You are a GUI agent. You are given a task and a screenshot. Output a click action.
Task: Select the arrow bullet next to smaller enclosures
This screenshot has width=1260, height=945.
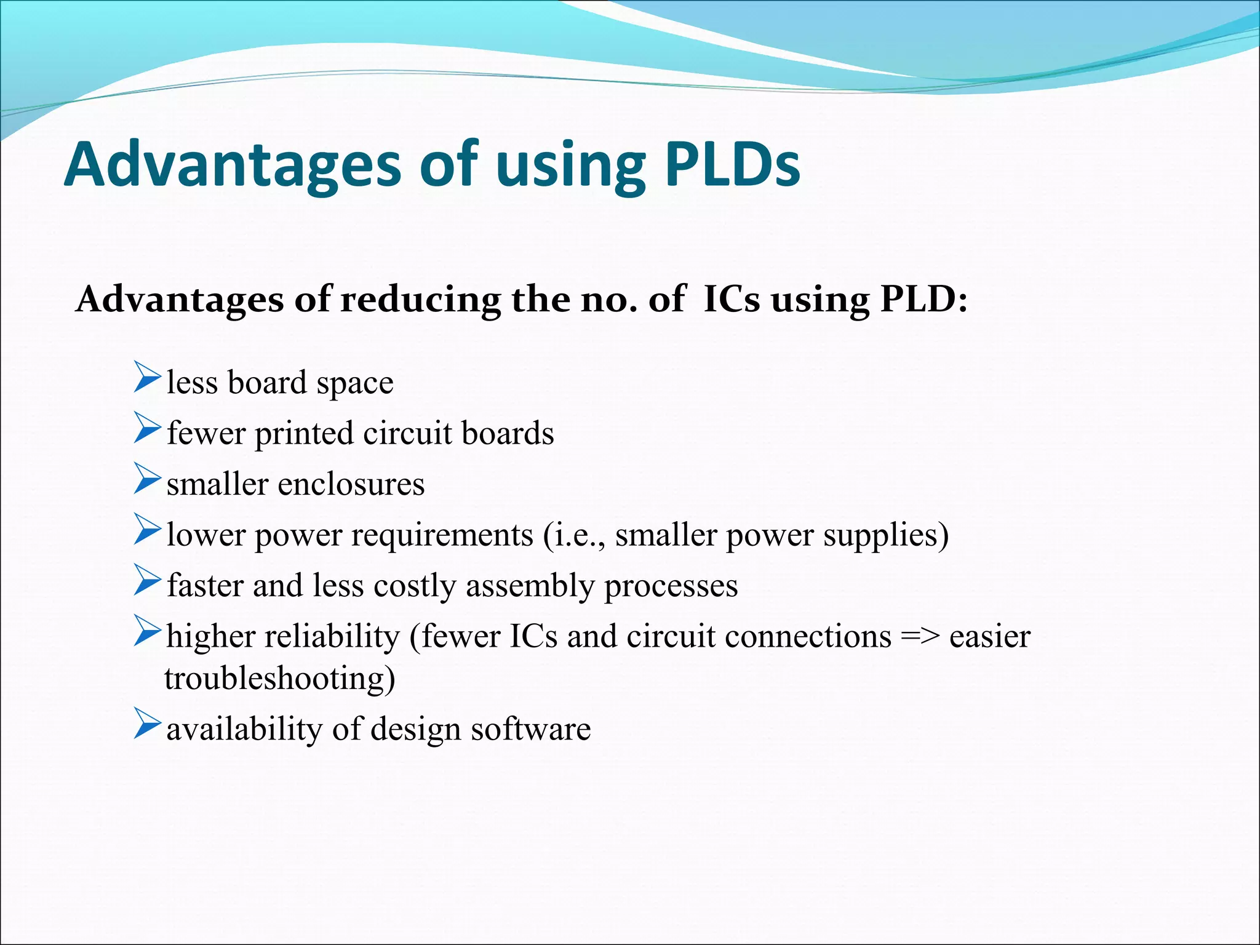[x=147, y=479]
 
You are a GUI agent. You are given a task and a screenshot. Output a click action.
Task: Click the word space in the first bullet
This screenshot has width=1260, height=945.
[x=355, y=385]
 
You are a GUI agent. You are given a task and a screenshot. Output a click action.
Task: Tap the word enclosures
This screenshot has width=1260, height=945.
[x=351, y=484]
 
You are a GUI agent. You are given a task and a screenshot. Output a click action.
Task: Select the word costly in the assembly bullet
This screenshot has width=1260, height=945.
[x=415, y=586]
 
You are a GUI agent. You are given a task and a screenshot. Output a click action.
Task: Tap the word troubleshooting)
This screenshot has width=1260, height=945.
[x=280, y=679]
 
